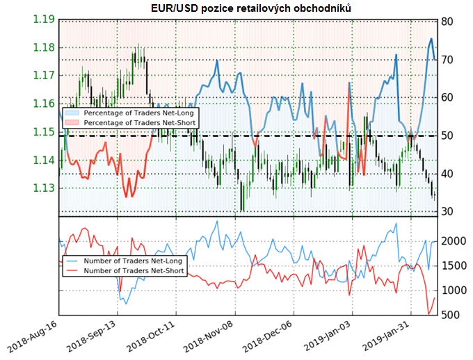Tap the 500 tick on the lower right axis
click(x=449, y=315)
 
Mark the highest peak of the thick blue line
click(x=431, y=39)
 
